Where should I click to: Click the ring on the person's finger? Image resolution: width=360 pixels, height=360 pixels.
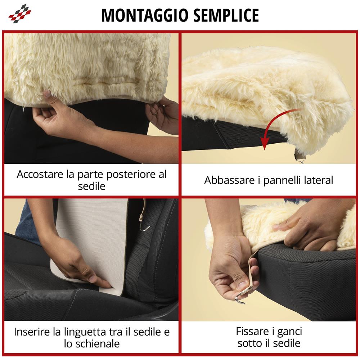pos(155,113)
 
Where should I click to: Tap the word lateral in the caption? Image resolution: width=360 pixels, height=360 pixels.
pos(320,180)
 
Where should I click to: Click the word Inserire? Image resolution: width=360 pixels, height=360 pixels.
pos(32,332)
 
